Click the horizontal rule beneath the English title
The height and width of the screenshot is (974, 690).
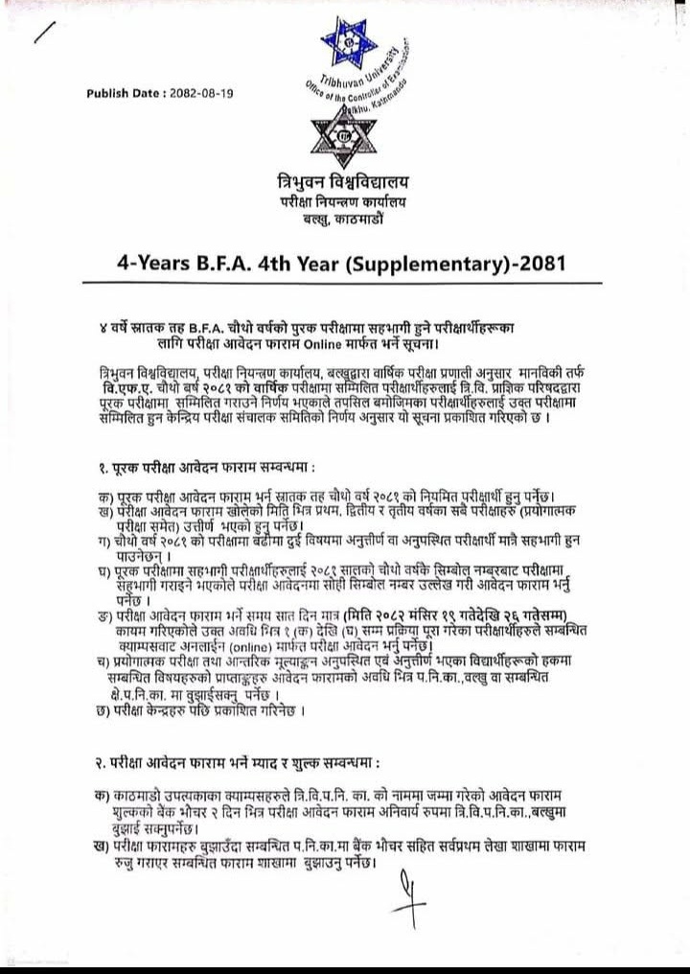pyautogui.click(x=346, y=284)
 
